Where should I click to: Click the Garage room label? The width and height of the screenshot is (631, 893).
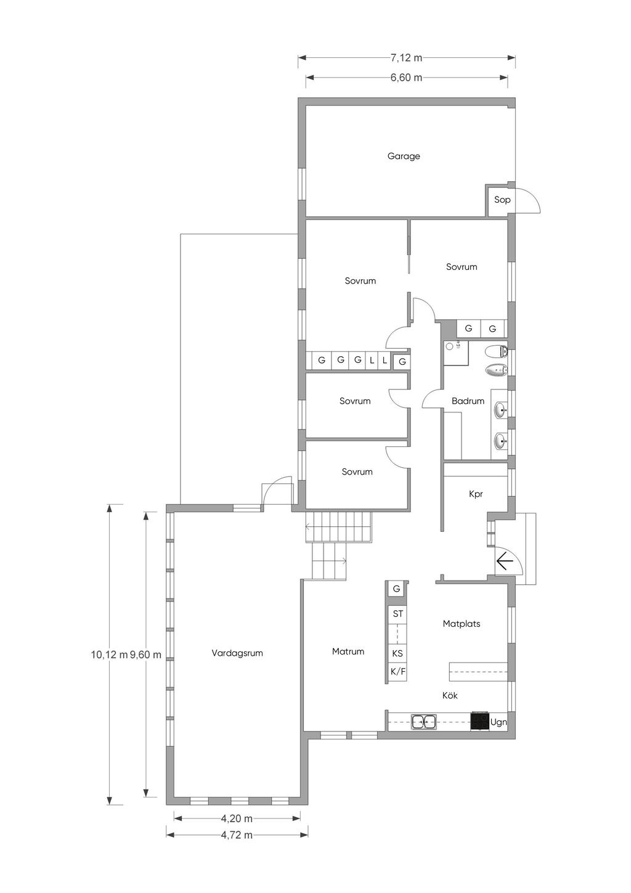point(404,156)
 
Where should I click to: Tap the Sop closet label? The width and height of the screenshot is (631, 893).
point(502,199)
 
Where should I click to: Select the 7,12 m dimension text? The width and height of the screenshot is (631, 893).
point(406,58)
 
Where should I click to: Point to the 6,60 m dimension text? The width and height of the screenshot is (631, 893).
point(406,77)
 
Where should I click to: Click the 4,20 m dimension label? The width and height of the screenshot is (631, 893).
point(237,818)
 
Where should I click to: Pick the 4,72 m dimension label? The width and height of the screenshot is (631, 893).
point(237,834)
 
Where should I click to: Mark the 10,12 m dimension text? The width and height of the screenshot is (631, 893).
point(109,654)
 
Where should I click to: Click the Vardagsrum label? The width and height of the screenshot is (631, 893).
point(237,653)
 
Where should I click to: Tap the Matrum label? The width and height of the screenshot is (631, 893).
point(348,651)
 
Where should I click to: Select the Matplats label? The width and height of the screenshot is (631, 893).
point(461,624)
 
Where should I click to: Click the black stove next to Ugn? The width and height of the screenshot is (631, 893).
point(480,721)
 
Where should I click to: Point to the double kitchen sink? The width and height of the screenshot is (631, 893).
point(424,721)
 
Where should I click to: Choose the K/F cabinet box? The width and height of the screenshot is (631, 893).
point(397,672)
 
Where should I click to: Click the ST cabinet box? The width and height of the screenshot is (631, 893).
point(397,614)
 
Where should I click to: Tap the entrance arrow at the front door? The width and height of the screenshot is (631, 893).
point(504,562)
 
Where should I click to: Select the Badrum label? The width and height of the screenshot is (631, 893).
point(468,401)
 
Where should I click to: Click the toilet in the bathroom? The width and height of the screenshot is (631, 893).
point(496,351)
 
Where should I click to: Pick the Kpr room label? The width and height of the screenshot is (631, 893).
point(476,494)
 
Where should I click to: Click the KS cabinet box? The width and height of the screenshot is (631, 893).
point(397,653)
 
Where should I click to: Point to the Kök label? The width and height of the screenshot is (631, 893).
point(450,695)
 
